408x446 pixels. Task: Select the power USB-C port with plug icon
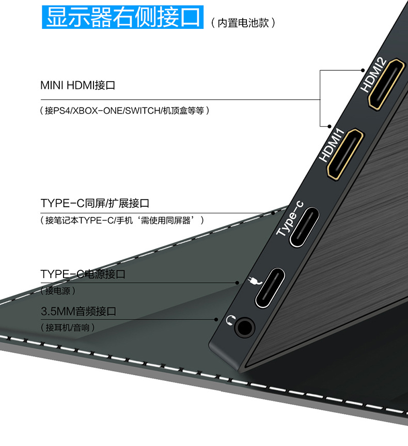pyautogui.click(x=269, y=287)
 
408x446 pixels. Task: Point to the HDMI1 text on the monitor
pyautogui.click(x=332, y=146)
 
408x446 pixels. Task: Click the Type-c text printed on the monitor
pyautogui.click(x=290, y=218)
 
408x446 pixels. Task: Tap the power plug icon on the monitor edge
pyautogui.click(x=253, y=281)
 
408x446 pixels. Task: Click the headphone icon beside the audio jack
pyautogui.click(x=230, y=321)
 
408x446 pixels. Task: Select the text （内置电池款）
pyautogui.click(x=243, y=23)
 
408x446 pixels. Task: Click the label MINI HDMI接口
pyautogui.click(x=77, y=85)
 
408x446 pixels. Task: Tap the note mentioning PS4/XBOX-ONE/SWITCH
pyautogui.click(x=125, y=111)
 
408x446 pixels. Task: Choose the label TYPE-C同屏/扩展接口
pyautogui.click(x=95, y=203)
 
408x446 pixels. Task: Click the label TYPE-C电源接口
pyautogui.click(x=83, y=274)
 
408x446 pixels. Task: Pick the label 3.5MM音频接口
pyautogui.click(x=79, y=311)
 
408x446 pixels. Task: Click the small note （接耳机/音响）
pyautogui.click(x=67, y=328)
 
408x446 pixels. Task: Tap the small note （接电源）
pyautogui.click(x=58, y=291)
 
